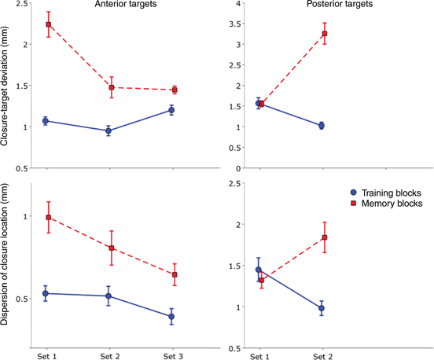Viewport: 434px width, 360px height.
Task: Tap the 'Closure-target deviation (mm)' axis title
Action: click(x=7, y=86)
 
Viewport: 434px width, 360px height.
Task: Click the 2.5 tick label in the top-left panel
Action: click(x=21, y=6)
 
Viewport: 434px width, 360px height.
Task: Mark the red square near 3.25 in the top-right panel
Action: click(x=322, y=34)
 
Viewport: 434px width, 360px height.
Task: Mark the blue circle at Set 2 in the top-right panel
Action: click(x=322, y=126)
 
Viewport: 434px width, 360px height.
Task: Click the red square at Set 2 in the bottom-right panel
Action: click(x=322, y=237)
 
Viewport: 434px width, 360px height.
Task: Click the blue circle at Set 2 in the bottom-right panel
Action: click(x=322, y=308)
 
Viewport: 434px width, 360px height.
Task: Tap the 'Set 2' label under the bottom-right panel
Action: click(x=322, y=356)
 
